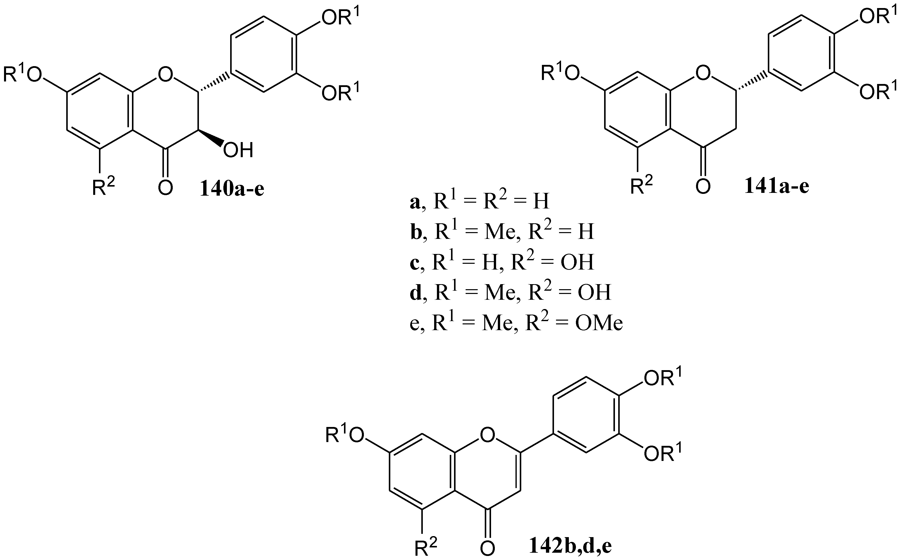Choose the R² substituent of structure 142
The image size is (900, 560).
tap(426, 546)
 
